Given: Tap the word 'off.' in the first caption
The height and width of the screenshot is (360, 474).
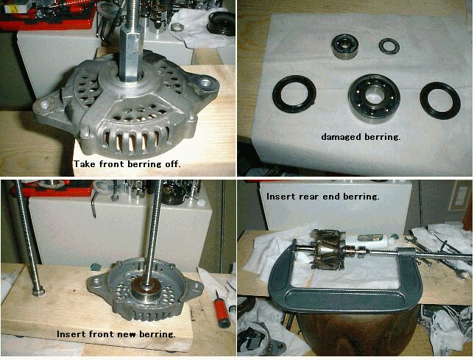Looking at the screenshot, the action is point(173,164).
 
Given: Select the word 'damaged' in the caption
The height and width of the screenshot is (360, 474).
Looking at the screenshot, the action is point(342,137).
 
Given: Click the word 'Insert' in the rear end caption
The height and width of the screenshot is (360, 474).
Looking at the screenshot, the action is point(281,197).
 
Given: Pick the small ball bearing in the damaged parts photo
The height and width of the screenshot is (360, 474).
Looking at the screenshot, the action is point(345,46).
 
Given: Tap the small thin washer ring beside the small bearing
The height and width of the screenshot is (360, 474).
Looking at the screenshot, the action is point(389,46).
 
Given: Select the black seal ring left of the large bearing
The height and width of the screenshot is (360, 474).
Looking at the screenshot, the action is point(294,94).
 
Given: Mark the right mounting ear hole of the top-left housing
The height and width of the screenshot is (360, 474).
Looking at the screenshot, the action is point(206,82).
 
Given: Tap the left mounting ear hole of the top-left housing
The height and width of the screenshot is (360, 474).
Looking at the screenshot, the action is point(45,105).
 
